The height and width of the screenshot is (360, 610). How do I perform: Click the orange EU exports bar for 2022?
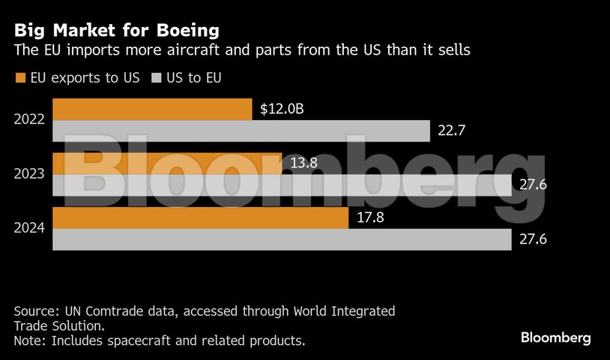(152, 109)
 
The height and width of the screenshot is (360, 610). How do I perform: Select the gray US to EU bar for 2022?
(241, 130)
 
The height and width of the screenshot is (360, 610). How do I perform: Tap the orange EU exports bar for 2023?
(167, 163)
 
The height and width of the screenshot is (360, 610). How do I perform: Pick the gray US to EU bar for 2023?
(282, 185)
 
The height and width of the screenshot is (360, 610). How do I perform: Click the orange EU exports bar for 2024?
(201, 218)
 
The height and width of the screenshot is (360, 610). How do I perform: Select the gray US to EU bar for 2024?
(282, 239)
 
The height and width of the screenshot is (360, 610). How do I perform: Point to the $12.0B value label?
(282, 109)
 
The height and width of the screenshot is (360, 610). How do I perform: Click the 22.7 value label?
(452, 130)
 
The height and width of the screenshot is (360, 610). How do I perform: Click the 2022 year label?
(30, 119)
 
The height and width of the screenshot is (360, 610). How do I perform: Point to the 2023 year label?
(30, 174)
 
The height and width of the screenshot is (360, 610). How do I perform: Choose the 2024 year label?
(30, 229)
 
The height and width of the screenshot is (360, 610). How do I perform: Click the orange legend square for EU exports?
(19, 78)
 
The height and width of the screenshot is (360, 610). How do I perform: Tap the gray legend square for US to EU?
(157, 78)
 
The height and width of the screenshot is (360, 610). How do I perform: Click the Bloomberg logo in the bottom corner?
(556, 337)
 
